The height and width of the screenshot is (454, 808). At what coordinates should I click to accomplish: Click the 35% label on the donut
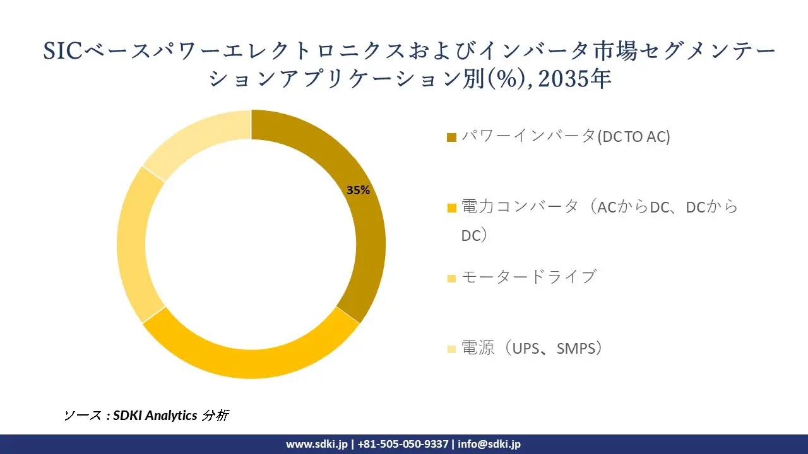[x=358, y=190]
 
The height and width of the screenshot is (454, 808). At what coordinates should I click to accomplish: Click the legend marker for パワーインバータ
[x=451, y=137]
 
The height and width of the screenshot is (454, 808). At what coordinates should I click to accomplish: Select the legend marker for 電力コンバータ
[x=451, y=207]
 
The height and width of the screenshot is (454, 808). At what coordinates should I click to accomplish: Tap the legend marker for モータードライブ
[x=451, y=278]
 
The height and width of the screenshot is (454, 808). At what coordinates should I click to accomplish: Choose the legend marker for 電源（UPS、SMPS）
[x=451, y=349]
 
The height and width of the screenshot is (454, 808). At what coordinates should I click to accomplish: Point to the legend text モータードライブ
[x=528, y=277]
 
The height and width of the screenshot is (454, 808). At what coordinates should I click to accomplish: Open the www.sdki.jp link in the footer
[x=316, y=444]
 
